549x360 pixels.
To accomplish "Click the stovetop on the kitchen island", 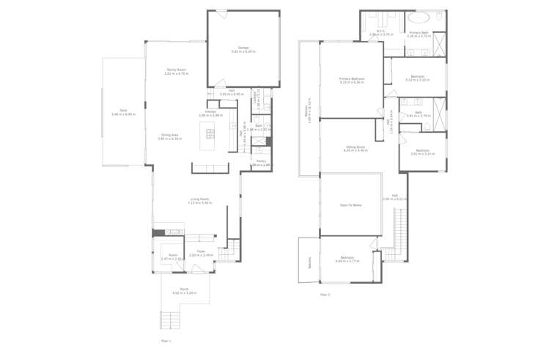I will pos(210,133).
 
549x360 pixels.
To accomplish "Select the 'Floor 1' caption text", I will pos(166,341).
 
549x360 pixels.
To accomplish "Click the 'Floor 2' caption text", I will pos(325,295).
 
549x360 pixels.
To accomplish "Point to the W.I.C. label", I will pos(381,32).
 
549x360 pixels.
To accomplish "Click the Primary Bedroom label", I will pos(352,78).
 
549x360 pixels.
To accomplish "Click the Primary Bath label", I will pos(419,32).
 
